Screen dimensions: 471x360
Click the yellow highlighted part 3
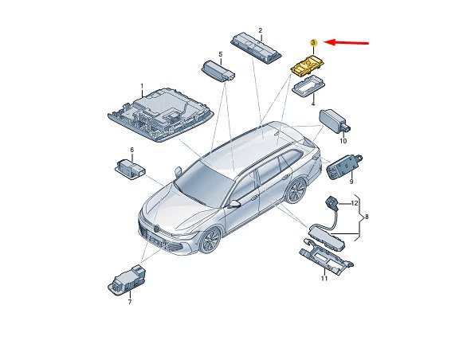308,66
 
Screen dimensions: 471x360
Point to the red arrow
347,43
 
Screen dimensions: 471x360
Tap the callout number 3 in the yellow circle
313,43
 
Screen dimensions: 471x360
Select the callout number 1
142,87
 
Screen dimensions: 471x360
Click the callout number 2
260,30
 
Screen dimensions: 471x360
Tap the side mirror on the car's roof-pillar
178,171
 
